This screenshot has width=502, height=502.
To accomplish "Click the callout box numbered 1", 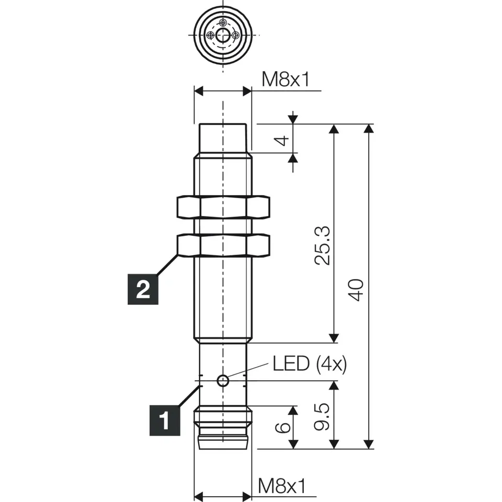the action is click(x=165, y=420).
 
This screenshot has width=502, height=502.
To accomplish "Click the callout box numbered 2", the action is click(x=143, y=289).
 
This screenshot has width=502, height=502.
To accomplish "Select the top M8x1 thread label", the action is click(x=286, y=79).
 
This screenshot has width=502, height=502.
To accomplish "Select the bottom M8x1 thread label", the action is click(x=282, y=486).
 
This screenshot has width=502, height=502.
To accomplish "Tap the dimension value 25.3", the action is click(x=322, y=245).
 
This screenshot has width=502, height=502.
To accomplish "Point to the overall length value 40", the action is click(x=356, y=290).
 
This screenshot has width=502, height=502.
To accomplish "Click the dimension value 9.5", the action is click(x=322, y=416).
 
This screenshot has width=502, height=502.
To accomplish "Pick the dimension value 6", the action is click(x=283, y=427).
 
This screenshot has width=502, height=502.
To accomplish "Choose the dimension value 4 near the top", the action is click(x=283, y=140).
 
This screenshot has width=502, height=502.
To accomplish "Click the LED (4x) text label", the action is click(x=310, y=364).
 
